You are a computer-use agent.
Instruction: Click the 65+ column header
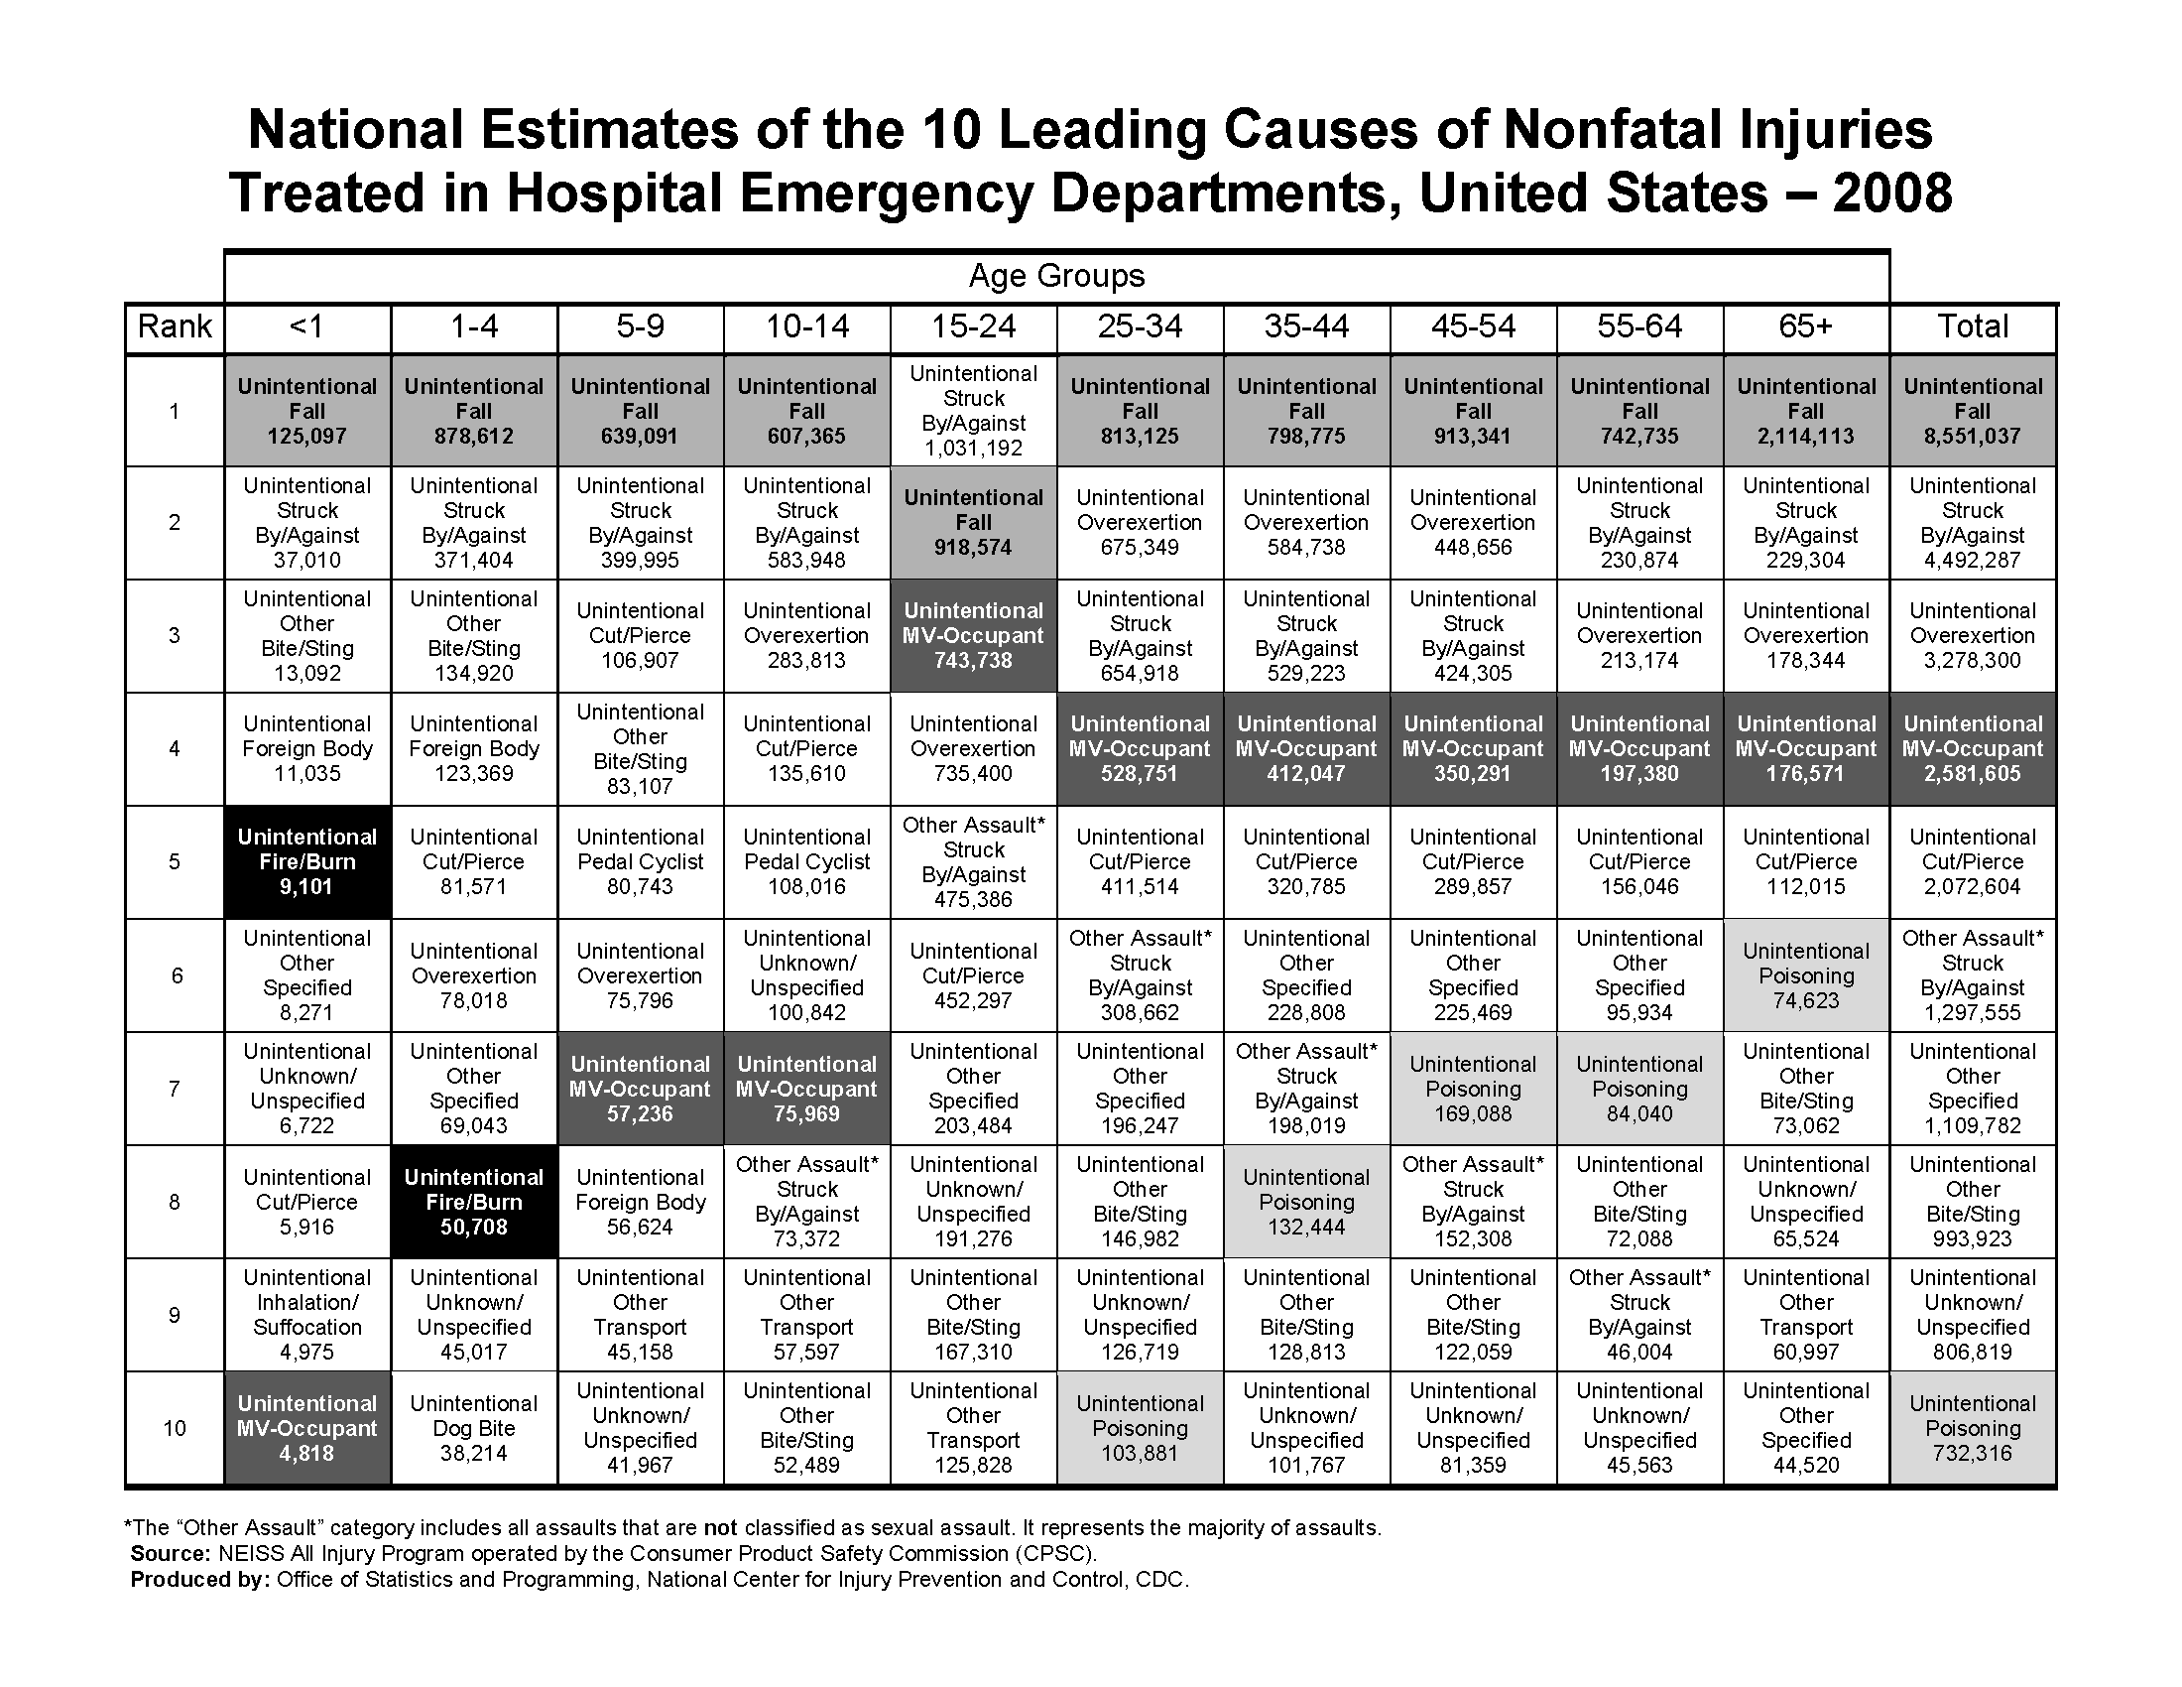click(x=1805, y=326)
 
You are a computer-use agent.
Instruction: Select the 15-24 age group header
click(x=973, y=326)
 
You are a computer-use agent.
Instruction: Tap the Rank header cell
click(x=175, y=326)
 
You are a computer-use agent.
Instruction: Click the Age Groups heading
click(x=1057, y=276)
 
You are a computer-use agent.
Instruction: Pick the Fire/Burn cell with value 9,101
click(x=306, y=861)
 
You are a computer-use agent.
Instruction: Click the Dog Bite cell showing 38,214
click(x=473, y=1428)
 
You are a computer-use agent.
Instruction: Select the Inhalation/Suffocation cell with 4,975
click(x=306, y=1315)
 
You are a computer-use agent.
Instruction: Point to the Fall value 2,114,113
click(x=1805, y=437)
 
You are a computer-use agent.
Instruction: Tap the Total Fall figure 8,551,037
click(x=1972, y=437)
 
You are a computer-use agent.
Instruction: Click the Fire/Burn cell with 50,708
click(x=473, y=1203)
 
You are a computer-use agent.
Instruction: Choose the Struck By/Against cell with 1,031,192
click(x=973, y=411)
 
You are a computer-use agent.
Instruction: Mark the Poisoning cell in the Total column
click(x=1972, y=1428)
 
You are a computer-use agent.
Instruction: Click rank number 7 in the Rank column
click(x=175, y=1089)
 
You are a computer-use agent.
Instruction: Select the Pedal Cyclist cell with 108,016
click(x=806, y=861)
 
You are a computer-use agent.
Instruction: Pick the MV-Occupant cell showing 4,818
click(x=306, y=1428)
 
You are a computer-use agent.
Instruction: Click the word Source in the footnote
click(x=169, y=1554)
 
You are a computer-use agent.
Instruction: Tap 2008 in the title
click(x=1891, y=193)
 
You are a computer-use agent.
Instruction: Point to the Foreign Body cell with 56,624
click(x=641, y=1203)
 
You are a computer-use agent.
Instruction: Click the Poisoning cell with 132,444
click(x=1306, y=1203)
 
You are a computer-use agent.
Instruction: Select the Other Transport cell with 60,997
click(x=1805, y=1315)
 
